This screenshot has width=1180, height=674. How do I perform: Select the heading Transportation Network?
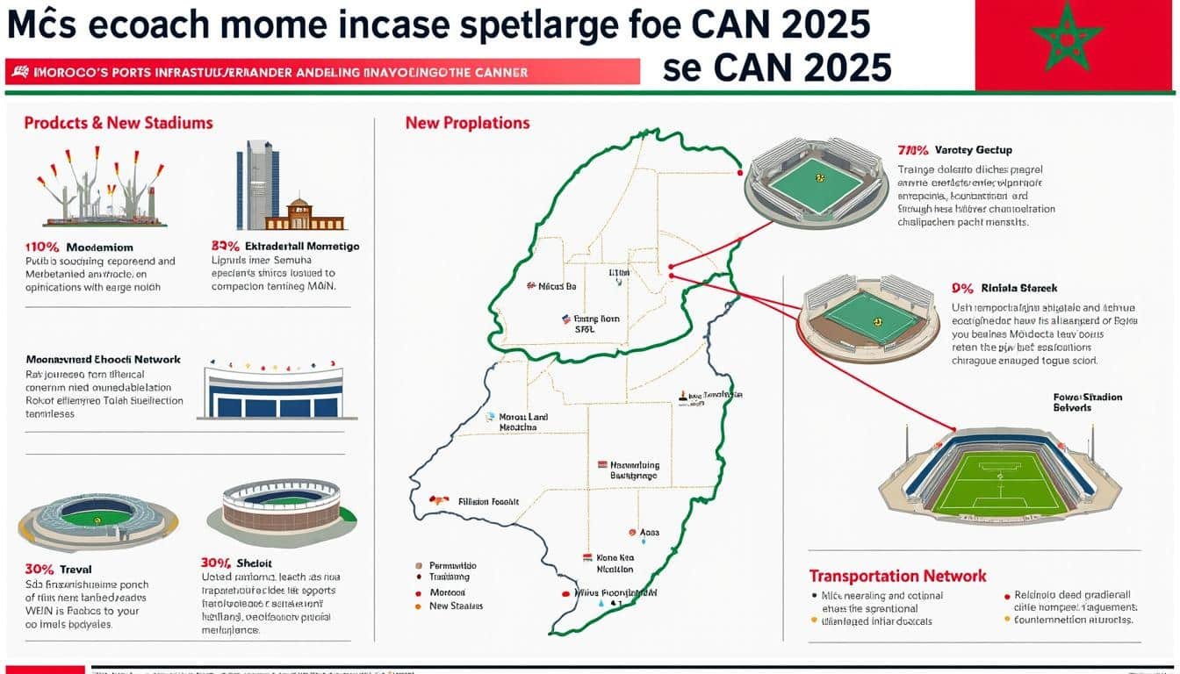(897, 577)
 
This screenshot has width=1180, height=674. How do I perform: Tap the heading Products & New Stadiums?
(119, 123)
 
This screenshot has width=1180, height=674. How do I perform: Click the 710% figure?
(913, 150)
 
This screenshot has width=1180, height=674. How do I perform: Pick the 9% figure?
(961, 288)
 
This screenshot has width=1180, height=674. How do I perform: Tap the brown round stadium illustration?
(280, 512)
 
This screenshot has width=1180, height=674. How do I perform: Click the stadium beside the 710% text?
(816, 183)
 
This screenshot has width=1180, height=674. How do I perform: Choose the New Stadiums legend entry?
(455, 606)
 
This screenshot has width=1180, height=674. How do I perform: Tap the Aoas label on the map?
(650, 532)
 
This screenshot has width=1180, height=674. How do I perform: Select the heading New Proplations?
(467, 123)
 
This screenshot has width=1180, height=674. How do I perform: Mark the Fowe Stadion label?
(1087, 402)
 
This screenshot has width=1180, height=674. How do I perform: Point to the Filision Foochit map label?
(488, 502)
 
